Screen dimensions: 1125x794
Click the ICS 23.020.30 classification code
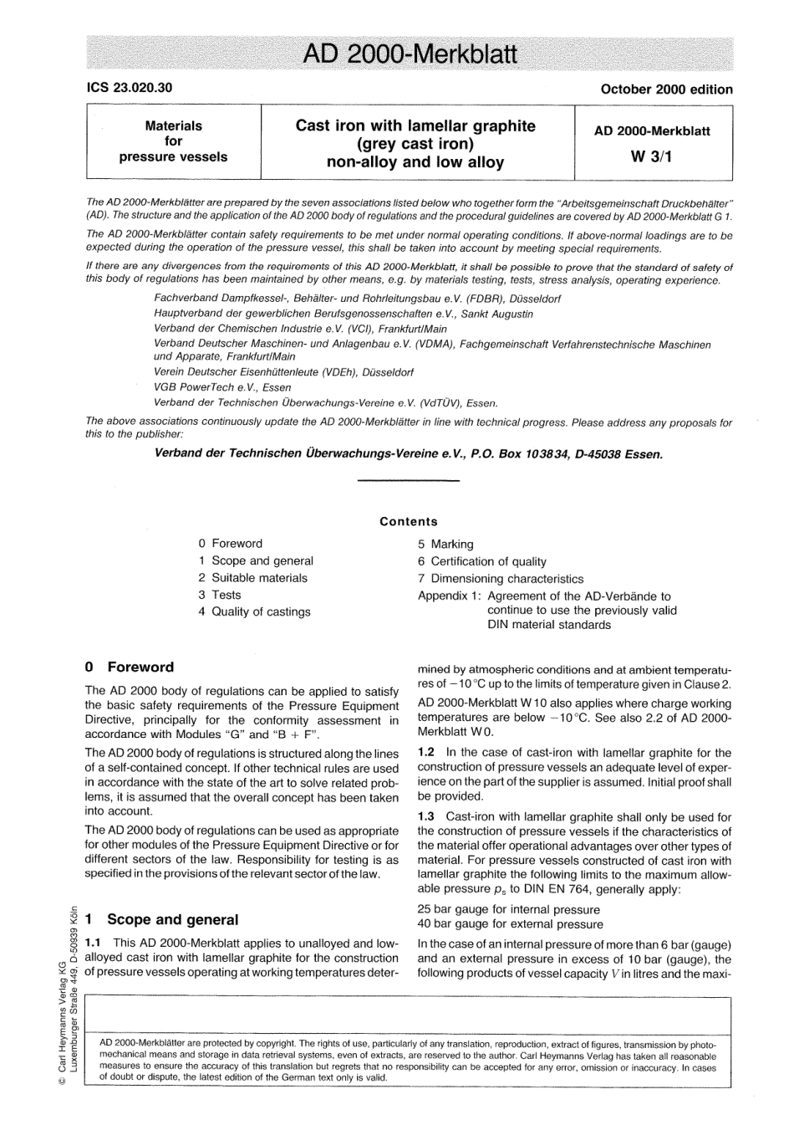(x=130, y=87)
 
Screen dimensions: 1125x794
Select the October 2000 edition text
(x=666, y=89)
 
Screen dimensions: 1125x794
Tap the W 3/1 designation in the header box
(x=652, y=155)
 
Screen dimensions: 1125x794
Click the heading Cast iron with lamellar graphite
(x=415, y=126)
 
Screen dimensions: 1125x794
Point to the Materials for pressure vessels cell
(x=173, y=141)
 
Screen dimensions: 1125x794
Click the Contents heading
(x=408, y=521)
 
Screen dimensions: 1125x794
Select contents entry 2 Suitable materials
(x=252, y=578)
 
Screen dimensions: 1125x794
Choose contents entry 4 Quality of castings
(x=254, y=611)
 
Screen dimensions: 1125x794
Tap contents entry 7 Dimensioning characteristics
(x=501, y=578)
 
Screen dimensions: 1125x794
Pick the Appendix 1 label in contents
(x=449, y=596)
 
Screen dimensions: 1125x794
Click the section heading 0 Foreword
(x=130, y=667)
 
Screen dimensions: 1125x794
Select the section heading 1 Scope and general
(x=161, y=919)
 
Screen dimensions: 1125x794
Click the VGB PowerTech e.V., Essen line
(x=222, y=387)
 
